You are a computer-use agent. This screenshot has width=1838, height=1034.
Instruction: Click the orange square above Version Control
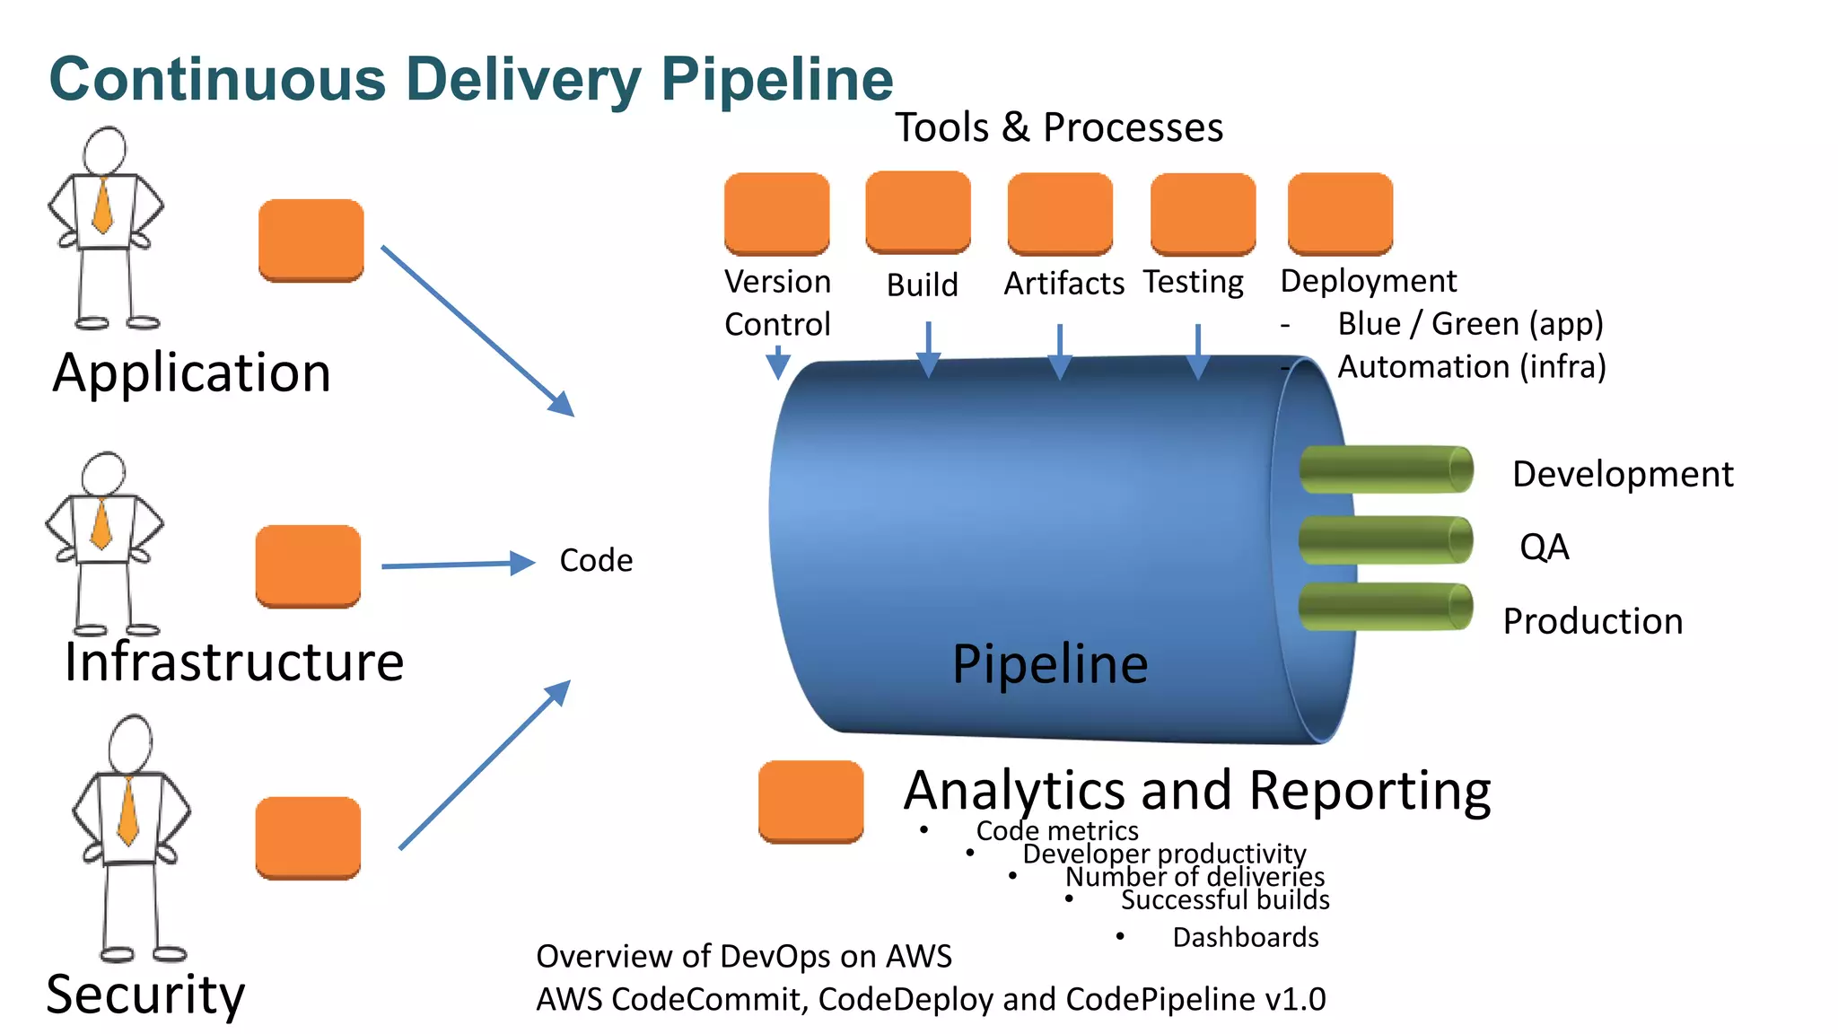click(776, 214)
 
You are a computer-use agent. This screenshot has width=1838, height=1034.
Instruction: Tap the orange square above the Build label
click(917, 212)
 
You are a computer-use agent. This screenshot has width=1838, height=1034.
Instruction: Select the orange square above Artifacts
click(1060, 214)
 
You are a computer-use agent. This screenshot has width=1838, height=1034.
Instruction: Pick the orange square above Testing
click(1203, 214)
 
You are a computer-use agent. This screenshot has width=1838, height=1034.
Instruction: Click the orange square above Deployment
click(1340, 214)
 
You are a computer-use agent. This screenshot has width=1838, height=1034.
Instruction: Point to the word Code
click(596, 560)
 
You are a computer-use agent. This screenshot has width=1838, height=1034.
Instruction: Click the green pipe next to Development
click(1386, 469)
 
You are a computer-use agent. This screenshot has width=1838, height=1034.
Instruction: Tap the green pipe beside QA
click(1386, 539)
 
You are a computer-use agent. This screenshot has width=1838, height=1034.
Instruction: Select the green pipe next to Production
click(1386, 607)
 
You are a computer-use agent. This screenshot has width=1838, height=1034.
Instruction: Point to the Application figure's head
click(105, 150)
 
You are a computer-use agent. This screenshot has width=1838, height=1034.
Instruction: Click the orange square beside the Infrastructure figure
click(308, 566)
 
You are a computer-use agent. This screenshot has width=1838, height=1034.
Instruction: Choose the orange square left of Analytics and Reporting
click(810, 802)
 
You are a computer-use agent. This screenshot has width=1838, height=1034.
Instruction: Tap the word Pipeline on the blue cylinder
click(1050, 664)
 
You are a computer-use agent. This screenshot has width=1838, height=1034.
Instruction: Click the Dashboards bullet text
click(1246, 937)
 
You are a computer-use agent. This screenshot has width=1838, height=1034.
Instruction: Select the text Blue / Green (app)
click(1470, 323)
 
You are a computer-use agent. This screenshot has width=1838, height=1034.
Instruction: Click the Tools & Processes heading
click(1059, 127)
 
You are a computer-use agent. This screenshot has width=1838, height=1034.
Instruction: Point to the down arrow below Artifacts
click(1060, 352)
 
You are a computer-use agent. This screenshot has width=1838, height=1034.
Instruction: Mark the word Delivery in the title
click(523, 79)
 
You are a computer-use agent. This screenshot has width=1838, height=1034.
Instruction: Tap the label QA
click(1544, 547)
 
